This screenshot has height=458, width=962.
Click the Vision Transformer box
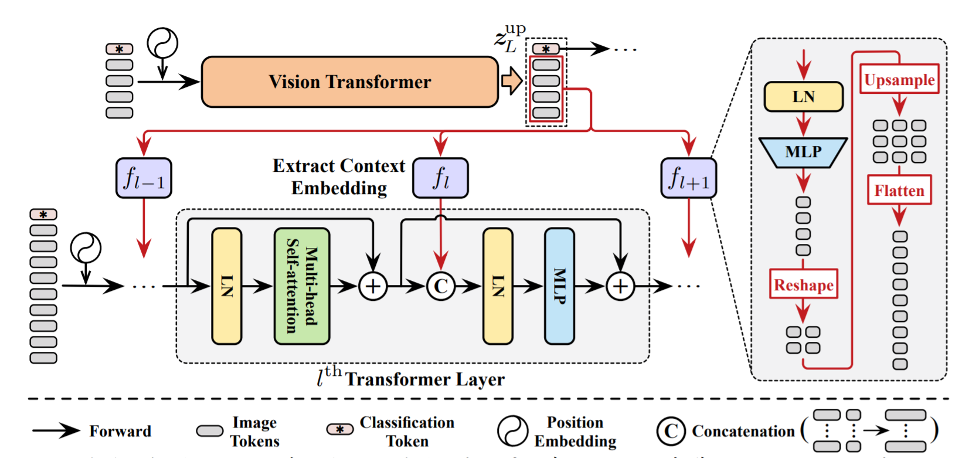[x=349, y=82]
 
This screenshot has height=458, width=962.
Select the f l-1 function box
[x=144, y=178]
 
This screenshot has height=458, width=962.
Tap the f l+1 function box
[x=688, y=178]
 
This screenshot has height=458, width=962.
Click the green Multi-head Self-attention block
[x=302, y=286]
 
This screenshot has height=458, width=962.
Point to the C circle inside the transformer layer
[x=441, y=286]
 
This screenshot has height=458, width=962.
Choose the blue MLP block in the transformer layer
[x=559, y=286]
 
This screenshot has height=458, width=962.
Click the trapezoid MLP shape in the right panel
[x=803, y=152]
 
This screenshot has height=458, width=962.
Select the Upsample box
[x=899, y=80]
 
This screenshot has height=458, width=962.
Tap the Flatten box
[x=899, y=191]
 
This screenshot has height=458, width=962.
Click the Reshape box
[x=804, y=285]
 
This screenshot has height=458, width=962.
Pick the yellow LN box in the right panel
[x=803, y=97]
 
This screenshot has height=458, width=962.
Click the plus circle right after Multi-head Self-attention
[x=373, y=286]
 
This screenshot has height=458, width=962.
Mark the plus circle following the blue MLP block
[x=620, y=286]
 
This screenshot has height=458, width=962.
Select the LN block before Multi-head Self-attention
[x=226, y=286]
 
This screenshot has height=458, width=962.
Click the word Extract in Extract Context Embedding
[x=299, y=167]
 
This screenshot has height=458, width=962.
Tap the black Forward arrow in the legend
[x=56, y=431]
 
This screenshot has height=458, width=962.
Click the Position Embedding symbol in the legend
[x=512, y=431]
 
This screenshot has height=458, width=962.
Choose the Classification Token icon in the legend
[x=340, y=430]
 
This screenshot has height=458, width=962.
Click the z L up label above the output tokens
[x=508, y=38]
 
